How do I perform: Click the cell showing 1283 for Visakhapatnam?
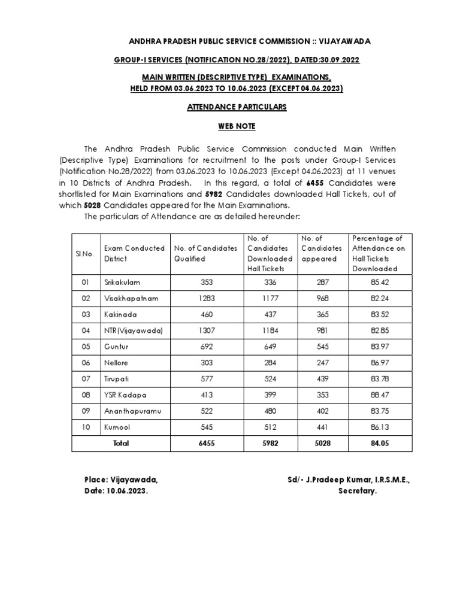point(205,298)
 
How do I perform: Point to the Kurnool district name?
point(117,428)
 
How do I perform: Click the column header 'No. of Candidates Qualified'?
point(205,253)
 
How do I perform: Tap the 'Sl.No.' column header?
point(84,253)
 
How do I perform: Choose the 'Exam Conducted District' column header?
point(134,253)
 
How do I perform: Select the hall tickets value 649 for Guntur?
point(271,347)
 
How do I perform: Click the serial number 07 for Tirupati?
point(84,380)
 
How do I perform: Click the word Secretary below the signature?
point(358,491)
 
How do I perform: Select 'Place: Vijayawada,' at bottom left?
point(120,480)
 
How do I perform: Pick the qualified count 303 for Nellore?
point(205,363)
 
